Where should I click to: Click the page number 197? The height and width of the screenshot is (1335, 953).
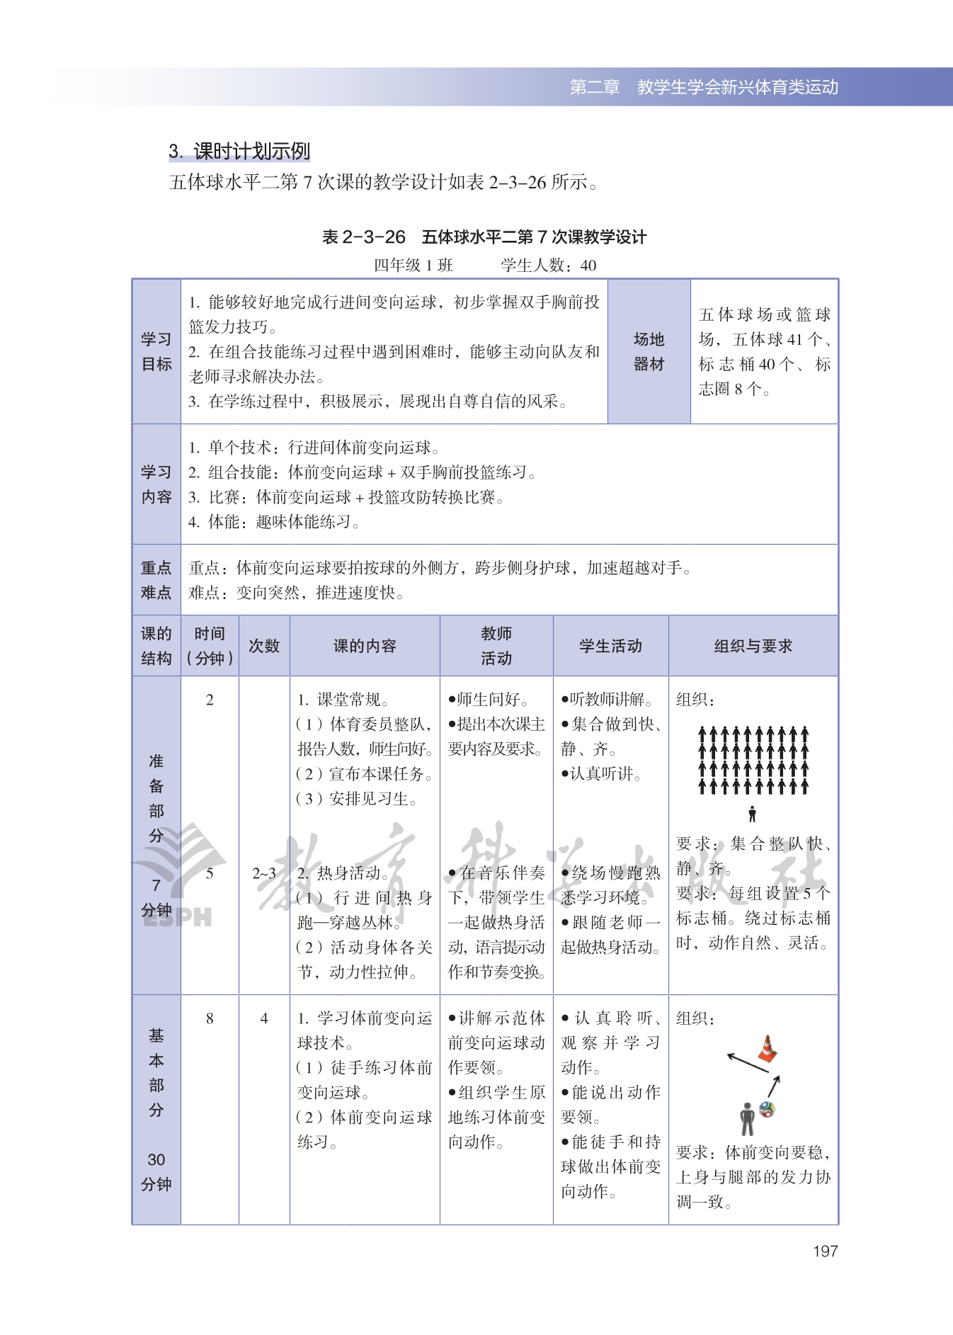(x=825, y=1251)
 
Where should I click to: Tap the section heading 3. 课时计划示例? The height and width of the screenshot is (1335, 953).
(x=239, y=151)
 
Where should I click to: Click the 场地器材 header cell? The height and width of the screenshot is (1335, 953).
(x=649, y=351)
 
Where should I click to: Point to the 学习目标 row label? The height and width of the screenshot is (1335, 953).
(x=156, y=351)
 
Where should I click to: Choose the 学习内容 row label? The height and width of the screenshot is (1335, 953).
(x=156, y=484)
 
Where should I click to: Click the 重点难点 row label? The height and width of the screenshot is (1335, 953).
(x=156, y=580)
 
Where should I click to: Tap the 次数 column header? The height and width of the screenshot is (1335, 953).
(x=264, y=646)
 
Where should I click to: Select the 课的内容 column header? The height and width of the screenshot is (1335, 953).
(x=365, y=646)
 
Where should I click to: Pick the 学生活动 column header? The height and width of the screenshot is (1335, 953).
(x=610, y=646)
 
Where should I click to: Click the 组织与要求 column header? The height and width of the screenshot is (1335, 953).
(x=753, y=646)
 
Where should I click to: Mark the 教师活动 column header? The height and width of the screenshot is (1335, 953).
(x=496, y=646)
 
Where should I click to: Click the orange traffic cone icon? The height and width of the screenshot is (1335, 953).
(x=767, y=1049)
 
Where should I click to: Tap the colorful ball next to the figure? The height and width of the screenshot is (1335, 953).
(x=767, y=1109)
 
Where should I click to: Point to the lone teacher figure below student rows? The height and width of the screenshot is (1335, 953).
(x=752, y=814)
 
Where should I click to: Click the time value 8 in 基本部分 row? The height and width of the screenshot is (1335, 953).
(x=210, y=1018)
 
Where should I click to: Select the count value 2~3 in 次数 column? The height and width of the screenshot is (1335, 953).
(x=264, y=873)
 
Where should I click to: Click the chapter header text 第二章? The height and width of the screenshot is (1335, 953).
(x=595, y=87)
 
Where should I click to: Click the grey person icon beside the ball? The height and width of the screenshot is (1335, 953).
(x=747, y=1118)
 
